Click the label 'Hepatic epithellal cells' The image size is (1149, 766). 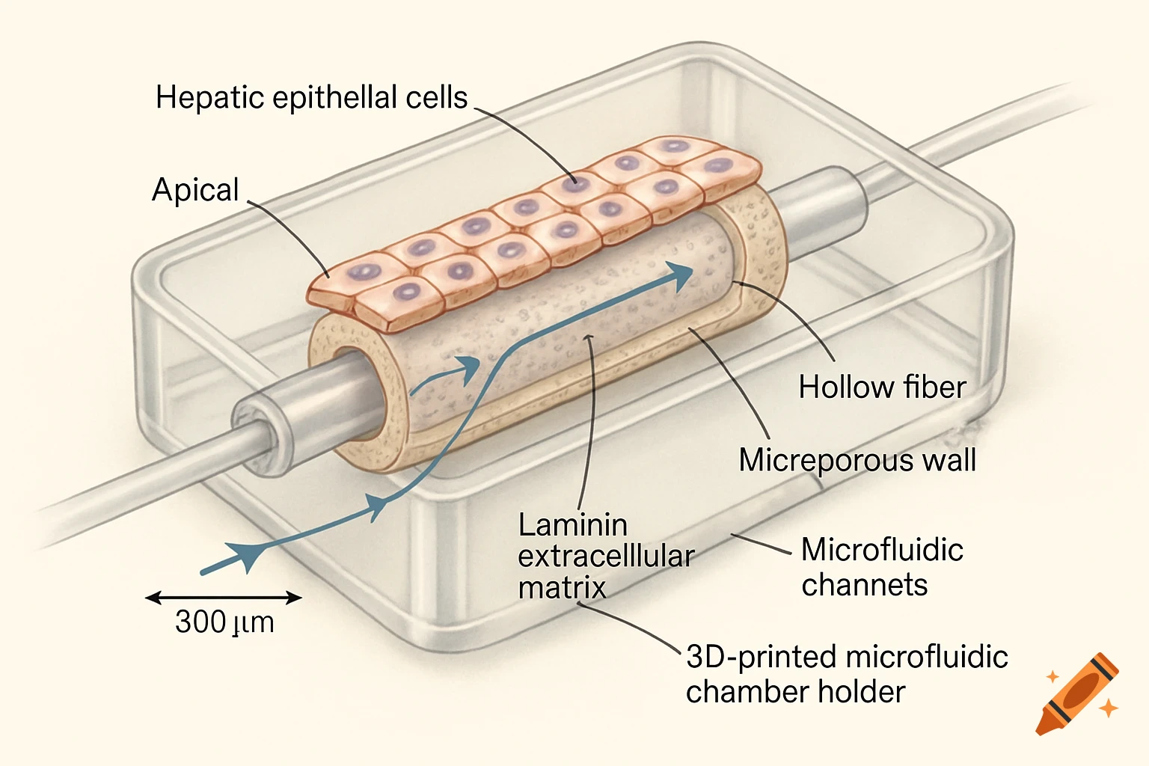point(311,98)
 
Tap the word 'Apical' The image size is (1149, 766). point(195,190)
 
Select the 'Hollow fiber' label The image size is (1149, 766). point(882,387)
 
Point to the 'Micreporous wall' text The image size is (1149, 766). point(857,460)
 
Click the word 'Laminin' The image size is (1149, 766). point(573,525)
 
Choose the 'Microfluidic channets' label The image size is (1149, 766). point(881,567)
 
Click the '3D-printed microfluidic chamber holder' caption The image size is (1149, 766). point(846,674)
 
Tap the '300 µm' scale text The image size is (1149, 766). point(224,622)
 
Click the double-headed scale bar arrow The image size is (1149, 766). point(224,598)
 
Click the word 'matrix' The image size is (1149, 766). point(562,588)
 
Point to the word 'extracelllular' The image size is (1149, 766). point(606,557)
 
